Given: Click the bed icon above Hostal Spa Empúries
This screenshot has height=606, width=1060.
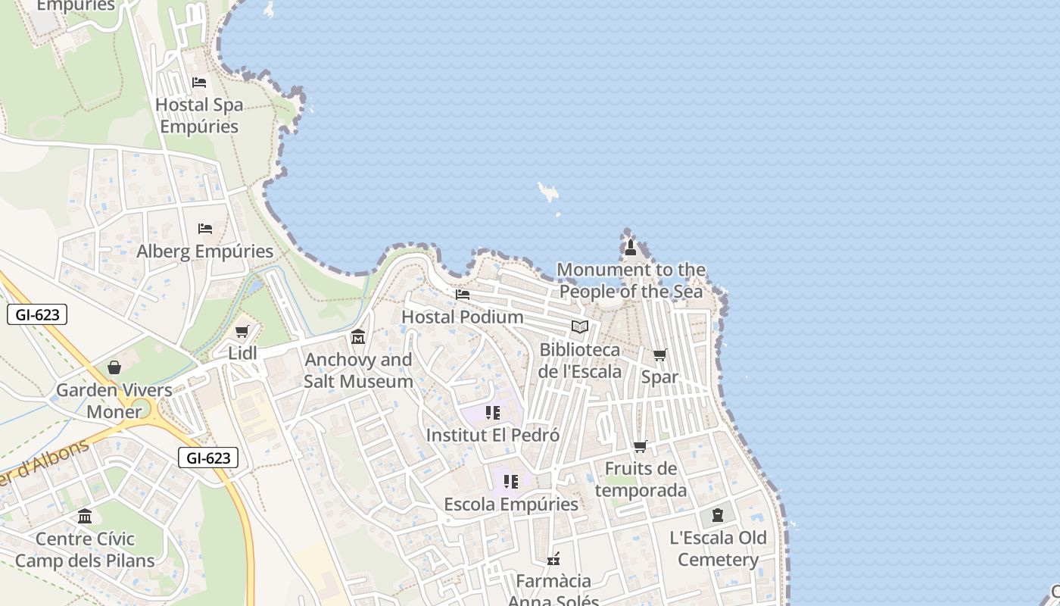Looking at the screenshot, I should [199, 82].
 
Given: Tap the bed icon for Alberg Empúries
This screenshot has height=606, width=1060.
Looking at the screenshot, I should [204, 228].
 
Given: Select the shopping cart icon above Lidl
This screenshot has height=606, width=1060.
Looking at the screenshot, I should [242, 331].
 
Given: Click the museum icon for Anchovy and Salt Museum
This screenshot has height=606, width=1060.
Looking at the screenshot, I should [358, 336].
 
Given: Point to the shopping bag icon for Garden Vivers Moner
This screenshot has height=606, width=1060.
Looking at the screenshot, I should [114, 367].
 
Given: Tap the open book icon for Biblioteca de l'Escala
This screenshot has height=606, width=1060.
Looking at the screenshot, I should [580, 326].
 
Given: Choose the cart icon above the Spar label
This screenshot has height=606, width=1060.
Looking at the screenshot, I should [660, 355].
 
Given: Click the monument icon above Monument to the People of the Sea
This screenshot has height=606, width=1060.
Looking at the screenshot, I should [630, 247].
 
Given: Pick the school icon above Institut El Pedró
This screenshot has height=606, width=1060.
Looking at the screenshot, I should [493, 413].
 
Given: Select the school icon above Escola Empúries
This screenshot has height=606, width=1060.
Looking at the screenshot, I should [511, 482].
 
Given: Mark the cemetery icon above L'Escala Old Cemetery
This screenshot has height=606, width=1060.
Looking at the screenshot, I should [718, 515].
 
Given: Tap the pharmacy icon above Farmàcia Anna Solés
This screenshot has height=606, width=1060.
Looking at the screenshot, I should [553, 559].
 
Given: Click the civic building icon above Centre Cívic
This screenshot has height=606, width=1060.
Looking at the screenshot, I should [85, 517].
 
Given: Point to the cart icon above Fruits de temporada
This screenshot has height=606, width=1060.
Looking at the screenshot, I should [641, 447].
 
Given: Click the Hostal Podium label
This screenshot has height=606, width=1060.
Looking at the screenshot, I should [462, 317].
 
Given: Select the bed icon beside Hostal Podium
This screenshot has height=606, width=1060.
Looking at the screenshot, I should [463, 294].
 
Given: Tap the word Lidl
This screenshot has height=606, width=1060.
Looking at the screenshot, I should [243, 353].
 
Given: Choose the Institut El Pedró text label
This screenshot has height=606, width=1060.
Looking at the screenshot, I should [493, 436].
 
